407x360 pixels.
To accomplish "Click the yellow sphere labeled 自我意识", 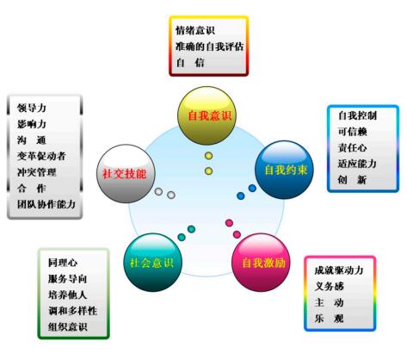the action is pyautogui.click(x=207, y=115).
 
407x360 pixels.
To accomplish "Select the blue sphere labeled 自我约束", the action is pyautogui.click(x=284, y=170).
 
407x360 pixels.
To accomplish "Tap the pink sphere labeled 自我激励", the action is pyautogui.click(x=261, y=263).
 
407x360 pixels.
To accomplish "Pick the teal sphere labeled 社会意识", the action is pyautogui.click(x=153, y=263).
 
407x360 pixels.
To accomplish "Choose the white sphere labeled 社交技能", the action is pyautogui.click(x=126, y=174).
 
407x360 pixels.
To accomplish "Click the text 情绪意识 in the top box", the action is pyautogui.click(x=195, y=30).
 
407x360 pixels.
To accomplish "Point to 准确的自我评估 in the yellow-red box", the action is pyautogui.click(x=210, y=47).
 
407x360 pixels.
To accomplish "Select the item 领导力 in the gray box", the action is pyautogui.click(x=32, y=108).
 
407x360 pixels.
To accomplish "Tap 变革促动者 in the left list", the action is pyautogui.click(x=41, y=156).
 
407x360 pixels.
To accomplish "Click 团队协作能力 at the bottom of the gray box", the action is pyautogui.click(x=46, y=204).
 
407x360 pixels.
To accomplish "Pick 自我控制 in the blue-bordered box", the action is pyautogui.click(x=357, y=115).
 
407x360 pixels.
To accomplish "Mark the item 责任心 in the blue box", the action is pyautogui.click(x=352, y=147).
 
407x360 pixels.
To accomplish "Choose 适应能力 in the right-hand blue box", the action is pyautogui.click(x=357, y=164).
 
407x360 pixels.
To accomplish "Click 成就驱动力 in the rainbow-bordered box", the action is pyautogui.click(x=339, y=270).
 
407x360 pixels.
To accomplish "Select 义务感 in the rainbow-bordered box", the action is pyautogui.click(x=329, y=286).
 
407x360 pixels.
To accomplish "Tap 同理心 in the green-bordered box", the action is pyautogui.click(x=63, y=263).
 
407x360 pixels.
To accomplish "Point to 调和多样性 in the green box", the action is pyautogui.click(x=72, y=311).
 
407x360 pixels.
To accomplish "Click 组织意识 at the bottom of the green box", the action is pyautogui.click(x=68, y=326).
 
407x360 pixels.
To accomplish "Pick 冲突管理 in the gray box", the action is pyautogui.click(x=37, y=172).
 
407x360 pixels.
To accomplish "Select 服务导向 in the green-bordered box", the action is pyautogui.click(x=68, y=278).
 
